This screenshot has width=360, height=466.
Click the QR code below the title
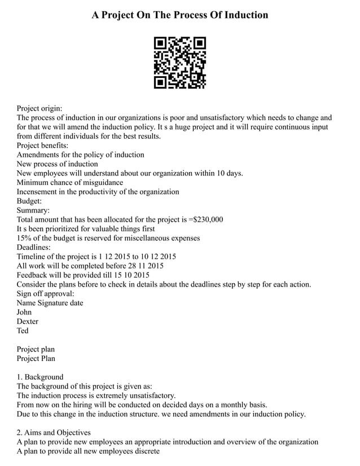coord(180,63)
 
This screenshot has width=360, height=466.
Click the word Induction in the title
coord(244,15)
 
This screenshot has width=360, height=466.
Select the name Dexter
coord(28,321)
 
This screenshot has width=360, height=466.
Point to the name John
coord(24,312)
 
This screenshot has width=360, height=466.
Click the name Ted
coord(23,331)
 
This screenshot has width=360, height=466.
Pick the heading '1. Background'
coord(40,377)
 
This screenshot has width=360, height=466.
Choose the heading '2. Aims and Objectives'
coord(54,432)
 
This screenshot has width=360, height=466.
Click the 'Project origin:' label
coord(39,108)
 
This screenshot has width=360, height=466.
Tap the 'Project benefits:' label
coord(42,145)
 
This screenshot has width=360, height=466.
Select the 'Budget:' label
coord(29,201)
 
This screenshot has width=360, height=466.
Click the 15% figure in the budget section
coord(24,238)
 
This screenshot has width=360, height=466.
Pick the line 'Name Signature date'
coord(50,302)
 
